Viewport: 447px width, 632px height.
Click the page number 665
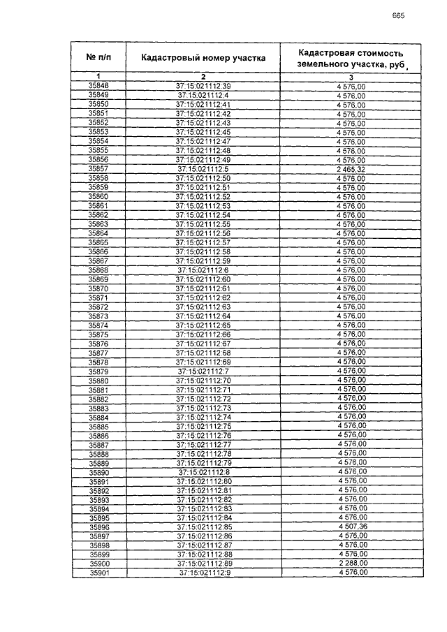click(399, 16)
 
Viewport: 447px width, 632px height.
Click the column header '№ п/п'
click(98, 57)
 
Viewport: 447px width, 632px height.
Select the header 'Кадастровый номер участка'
click(203, 58)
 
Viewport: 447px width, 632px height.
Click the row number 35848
click(98, 85)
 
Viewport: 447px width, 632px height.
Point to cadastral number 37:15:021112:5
click(203, 168)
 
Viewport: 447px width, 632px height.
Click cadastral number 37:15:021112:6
click(203, 270)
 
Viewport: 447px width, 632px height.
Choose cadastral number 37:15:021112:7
click(203, 371)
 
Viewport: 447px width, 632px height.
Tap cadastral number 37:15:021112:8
click(203, 472)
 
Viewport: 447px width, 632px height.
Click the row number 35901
click(98, 573)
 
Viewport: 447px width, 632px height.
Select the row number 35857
click(98, 168)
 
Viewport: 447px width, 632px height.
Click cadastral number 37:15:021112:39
click(203, 85)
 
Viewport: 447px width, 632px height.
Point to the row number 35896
click(98, 527)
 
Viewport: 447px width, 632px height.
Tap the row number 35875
click(98, 334)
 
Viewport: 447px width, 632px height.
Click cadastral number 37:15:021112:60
click(203, 279)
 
